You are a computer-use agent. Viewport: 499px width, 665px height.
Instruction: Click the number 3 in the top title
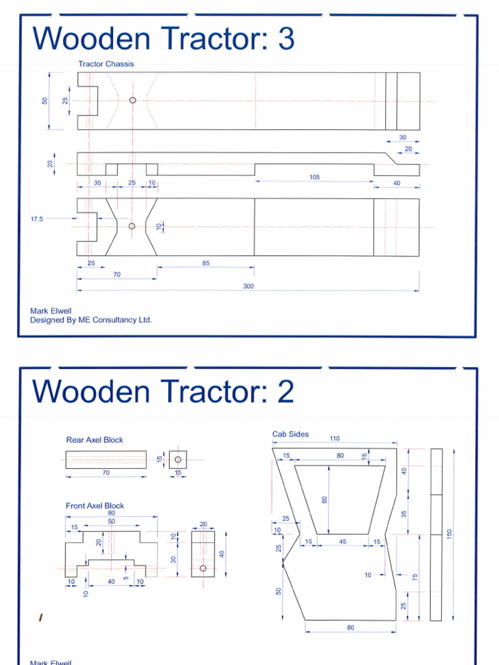(x=285, y=40)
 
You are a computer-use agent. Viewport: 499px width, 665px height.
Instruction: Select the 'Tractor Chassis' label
(x=106, y=64)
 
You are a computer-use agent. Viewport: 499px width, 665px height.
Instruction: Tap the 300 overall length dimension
(x=248, y=286)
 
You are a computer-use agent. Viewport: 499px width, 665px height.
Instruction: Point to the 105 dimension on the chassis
(x=314, y=177)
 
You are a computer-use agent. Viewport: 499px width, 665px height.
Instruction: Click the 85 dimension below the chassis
(x=205, y=263)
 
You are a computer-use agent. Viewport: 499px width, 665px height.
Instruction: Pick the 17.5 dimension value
(x=36, y=220)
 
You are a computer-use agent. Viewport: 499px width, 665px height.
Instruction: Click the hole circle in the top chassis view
(x=133, y=100)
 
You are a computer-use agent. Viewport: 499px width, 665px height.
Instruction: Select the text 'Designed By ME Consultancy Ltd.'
(x=91, y=320)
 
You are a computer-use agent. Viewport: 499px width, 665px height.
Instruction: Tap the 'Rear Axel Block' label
(x=94, y=440)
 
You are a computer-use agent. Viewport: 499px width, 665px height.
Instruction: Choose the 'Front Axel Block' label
(x=95, y=505)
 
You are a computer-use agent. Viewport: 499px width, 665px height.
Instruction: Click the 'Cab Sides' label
(x=290, y=434)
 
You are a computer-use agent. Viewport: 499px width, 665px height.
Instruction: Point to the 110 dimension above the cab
(x=335, y=439)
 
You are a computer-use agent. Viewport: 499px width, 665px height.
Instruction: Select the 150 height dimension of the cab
(x=448, y=533)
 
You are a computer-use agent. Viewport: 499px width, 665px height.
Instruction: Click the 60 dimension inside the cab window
(x=324, y=499)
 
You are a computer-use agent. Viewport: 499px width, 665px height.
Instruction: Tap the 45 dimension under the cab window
(x=342, y=542)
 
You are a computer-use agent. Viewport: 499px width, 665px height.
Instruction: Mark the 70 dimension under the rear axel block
(x=106, y=473)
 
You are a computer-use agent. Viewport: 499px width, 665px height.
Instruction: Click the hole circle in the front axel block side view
(x=203, y=568)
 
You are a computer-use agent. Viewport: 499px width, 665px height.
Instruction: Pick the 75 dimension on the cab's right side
(x=414, y=577)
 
